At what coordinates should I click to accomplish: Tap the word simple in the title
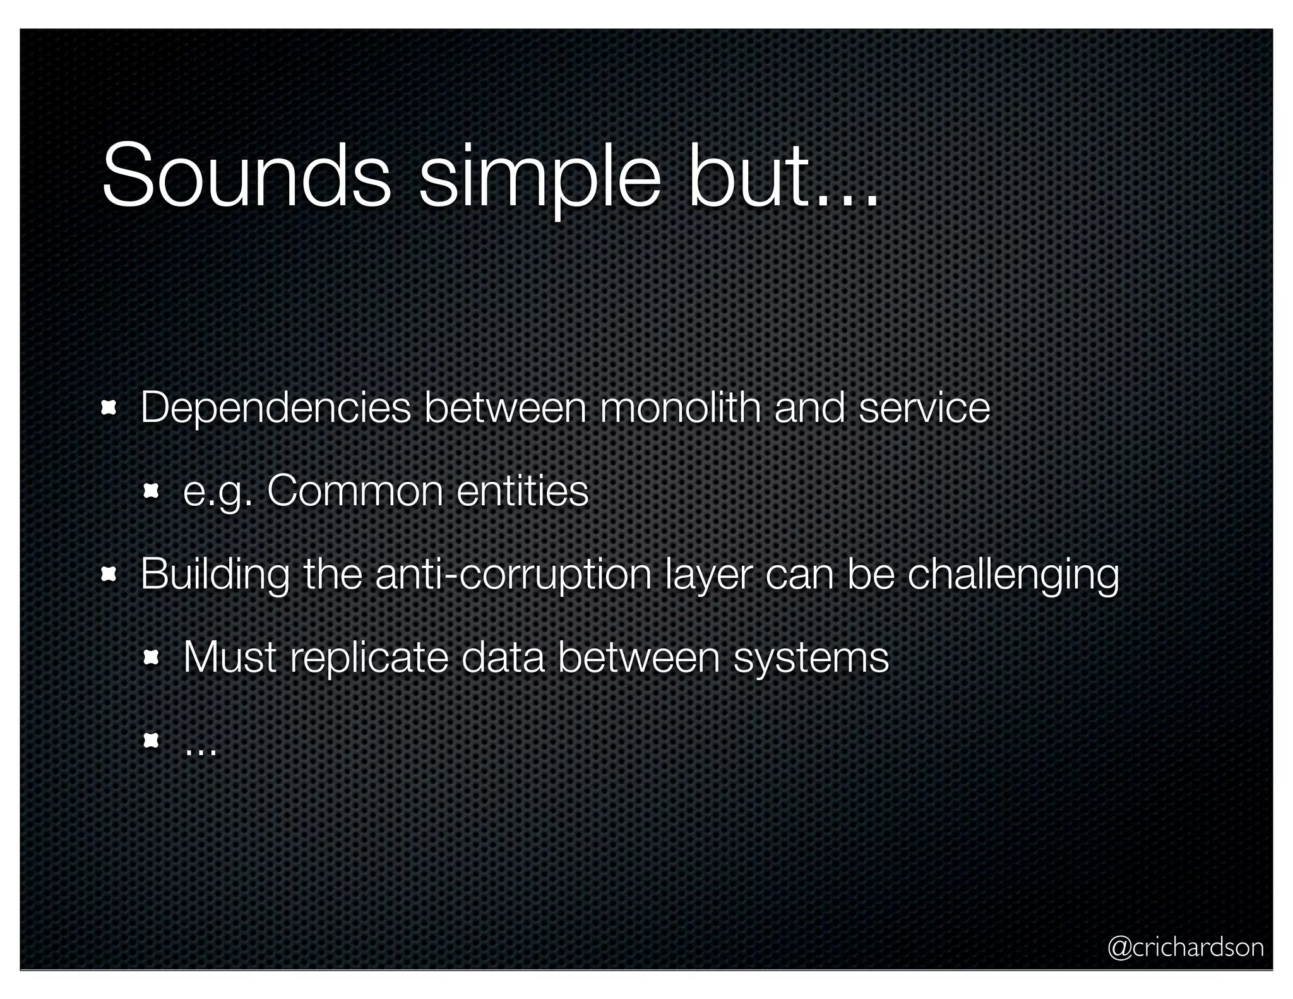(540, 180)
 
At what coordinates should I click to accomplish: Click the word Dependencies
(276, 409)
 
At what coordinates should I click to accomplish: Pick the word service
(924, 408)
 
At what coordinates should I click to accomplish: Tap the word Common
(355, 491)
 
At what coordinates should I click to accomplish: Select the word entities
(522, 491)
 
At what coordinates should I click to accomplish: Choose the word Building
(215, 576)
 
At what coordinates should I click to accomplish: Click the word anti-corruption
(513, 576)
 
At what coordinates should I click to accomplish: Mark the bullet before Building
(109, 575)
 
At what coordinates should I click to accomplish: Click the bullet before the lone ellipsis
(151, 740)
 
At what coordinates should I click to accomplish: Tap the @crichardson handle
(1186, 947)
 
